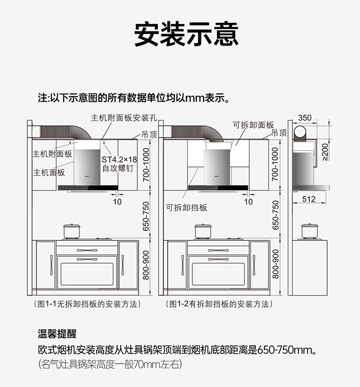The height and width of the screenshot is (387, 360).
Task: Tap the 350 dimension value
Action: (304, 118)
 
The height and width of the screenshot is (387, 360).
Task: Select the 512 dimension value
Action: (309, 199)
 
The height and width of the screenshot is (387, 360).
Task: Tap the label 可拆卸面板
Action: (253, 125)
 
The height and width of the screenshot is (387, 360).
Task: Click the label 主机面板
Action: (49, 173)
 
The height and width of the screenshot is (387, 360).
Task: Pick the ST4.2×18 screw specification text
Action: (119, 160)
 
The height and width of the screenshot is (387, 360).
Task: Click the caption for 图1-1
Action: (87, 304)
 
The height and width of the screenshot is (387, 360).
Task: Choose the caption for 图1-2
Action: (218, 304)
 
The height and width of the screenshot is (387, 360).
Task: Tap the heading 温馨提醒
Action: (57, 334)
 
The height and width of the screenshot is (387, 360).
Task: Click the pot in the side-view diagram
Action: (310, 231)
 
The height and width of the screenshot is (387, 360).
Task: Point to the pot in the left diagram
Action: (71, 231)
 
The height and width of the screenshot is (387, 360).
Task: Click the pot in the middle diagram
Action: (203, 231)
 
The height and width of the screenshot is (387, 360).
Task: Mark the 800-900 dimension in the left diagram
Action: (146, 264)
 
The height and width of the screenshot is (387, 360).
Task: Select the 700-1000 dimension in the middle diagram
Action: (275, 163)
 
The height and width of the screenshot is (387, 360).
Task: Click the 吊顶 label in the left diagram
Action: (149, 134)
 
